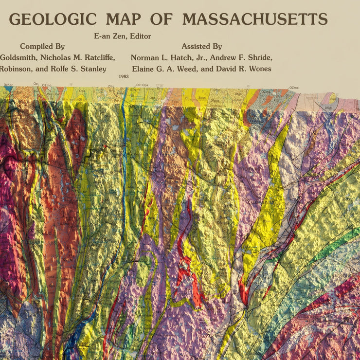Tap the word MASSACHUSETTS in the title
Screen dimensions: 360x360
tap(254, 19)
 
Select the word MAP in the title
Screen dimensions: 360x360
tap(124, 19)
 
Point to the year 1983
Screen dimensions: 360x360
tap(124, 76)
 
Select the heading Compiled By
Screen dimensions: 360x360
tap(42, 47)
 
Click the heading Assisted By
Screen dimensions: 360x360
tap(201, 47)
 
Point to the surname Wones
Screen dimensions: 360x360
tap(257, 69)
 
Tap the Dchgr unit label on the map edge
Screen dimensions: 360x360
tap(8, 85)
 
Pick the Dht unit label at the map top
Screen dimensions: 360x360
tap(111, 87)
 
